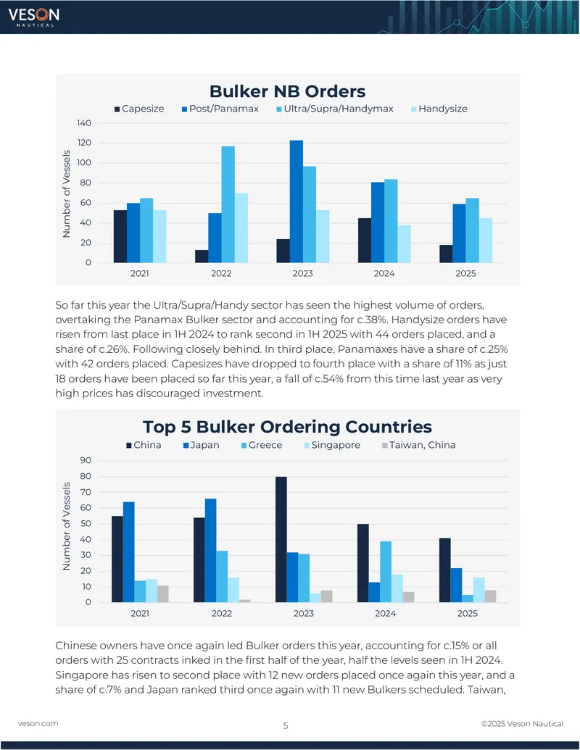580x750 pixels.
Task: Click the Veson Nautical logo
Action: pos(33,17)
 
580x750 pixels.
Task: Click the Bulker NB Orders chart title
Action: pos(288,91)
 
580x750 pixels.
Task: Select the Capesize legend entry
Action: pos(139,109)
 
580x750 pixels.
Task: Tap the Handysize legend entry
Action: pos(439,109)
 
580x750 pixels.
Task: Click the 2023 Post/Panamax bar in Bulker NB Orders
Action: pos(297,201)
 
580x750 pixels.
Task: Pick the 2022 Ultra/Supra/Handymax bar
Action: pos(228,204)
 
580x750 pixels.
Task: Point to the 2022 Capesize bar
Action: pos(202,256)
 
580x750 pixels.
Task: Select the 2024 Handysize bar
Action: pos(404,243)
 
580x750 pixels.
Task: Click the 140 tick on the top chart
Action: pos(84,123)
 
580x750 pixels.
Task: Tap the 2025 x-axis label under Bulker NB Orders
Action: pos(465,273)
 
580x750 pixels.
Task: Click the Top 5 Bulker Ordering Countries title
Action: pos(287,426)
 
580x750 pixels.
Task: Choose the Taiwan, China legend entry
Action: pos(419,445)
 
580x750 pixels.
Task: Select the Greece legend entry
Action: pos(262,445)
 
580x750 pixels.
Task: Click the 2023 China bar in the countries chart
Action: pos(281,539)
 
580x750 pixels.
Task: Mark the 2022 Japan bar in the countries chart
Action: pos(210,550)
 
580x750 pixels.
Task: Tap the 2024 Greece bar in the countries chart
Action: pos(386,572)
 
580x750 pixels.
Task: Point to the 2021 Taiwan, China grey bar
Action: pos(162,593)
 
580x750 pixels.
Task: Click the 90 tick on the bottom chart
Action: pos(86,460)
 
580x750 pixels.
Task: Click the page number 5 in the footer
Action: pos(286,725)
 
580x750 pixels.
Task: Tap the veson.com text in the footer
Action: pos(38,723)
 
